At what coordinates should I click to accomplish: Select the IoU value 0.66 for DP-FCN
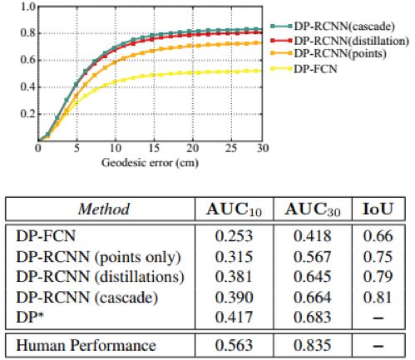pos(378,239)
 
